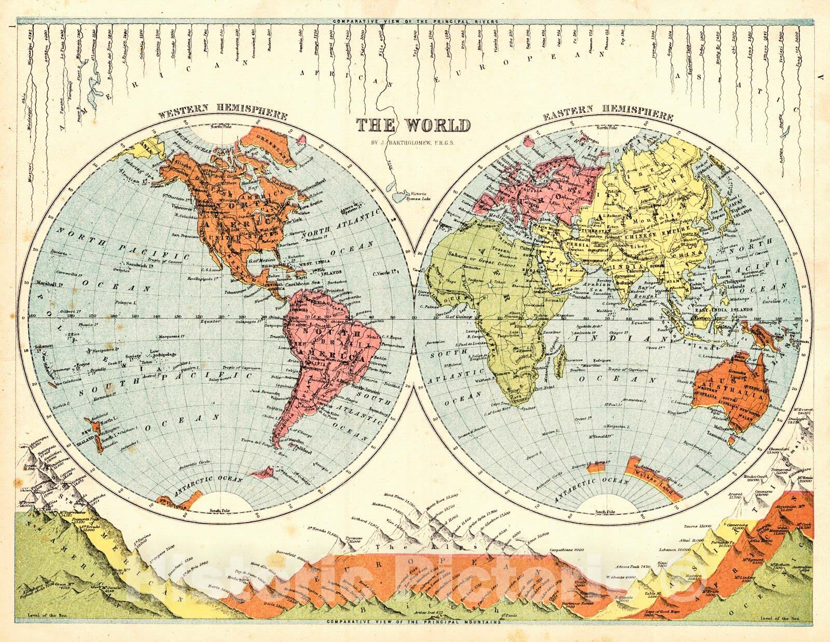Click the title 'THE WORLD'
pos(413,125)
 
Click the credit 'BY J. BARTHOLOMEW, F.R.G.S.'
pos(413,140)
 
